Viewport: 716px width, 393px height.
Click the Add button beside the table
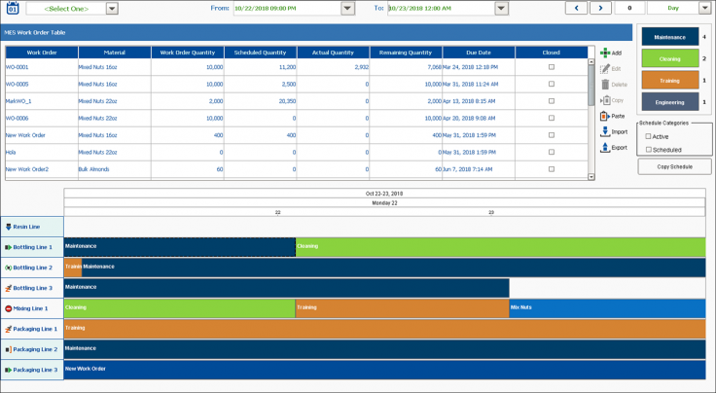[x=611, y=53]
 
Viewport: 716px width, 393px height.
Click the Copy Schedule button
[x=674, y=166]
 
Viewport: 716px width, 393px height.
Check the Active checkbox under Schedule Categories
[x=649, y=136]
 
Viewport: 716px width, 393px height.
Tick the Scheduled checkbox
[x=649, y=150]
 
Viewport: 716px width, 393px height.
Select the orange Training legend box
[x=669, y=80]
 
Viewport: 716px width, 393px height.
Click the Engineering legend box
[x=669, y=101]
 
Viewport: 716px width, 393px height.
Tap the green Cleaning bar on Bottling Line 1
[x=500, y=247]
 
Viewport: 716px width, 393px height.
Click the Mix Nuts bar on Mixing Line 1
[x=606, y=308]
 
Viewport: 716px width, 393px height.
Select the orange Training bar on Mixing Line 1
[x=401, y=308]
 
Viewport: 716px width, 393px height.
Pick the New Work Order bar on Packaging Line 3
[x=384, y=370]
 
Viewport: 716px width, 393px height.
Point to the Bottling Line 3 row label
[x=31, y=288]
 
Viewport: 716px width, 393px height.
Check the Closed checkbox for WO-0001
[x=552, y=67]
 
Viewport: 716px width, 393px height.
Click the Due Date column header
[x=479, y=53]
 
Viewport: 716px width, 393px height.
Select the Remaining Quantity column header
[x=406, y=53]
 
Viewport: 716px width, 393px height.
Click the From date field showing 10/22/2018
[x=286, y=9]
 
